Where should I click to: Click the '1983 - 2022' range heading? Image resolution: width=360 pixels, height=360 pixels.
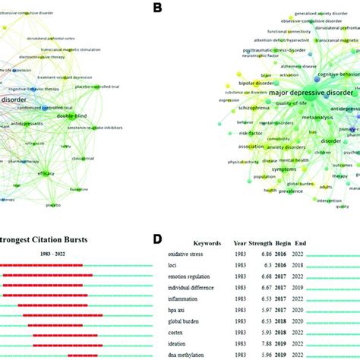pos(49,254)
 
